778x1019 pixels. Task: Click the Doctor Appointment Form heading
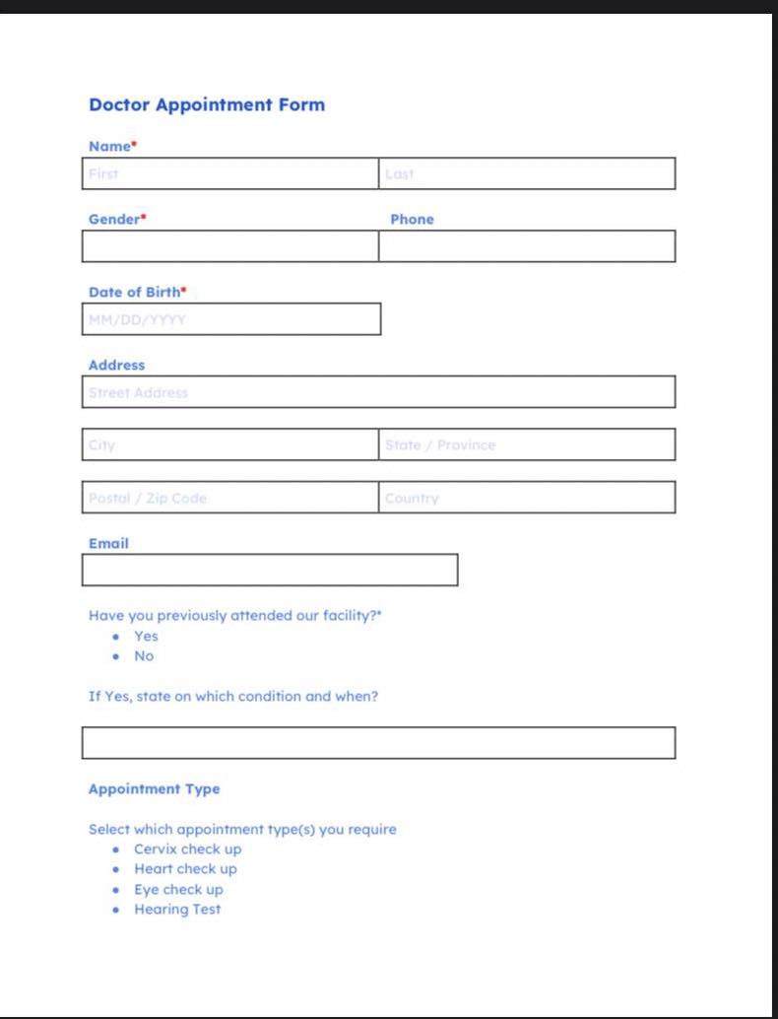207,104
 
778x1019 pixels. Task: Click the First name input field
230,173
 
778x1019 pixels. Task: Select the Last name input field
527,173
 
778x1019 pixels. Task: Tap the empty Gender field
230,246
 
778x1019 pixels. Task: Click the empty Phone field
527,246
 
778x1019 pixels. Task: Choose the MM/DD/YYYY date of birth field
231,319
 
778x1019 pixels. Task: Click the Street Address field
379,392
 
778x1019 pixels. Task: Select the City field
230,444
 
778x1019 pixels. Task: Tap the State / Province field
527,444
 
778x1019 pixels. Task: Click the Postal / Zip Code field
230,498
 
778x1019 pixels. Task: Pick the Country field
527,498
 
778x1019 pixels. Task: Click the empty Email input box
270,570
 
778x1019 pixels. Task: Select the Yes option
146,636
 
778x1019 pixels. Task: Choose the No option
144,656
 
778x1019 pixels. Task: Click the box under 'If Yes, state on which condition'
379,743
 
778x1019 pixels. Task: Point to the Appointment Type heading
155,789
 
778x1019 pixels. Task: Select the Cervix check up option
187,849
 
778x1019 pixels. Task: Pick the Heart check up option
185,869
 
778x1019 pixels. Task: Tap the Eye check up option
178,889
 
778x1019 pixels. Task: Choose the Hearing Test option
177,910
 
